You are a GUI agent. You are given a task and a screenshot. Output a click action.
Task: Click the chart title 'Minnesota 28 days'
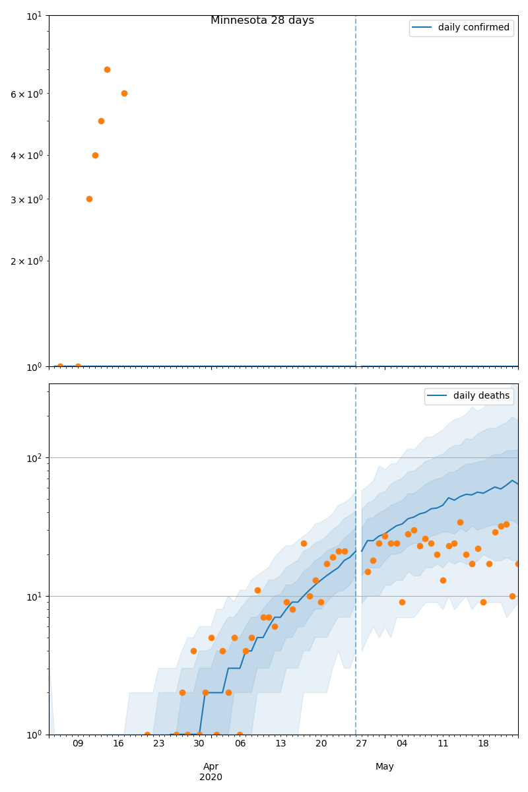coord(262,20)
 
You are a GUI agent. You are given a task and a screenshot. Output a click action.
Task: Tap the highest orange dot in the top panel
coord(107,69)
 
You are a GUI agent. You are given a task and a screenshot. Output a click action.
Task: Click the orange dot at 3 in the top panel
coord(89,199)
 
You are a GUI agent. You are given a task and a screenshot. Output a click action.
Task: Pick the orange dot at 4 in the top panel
coord(95,155)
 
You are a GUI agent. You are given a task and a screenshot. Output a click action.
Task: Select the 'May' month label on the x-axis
coord(385,766)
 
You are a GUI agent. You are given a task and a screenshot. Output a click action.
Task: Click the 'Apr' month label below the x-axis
coord(211,766)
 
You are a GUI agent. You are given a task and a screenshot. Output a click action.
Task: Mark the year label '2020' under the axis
coord(211,777)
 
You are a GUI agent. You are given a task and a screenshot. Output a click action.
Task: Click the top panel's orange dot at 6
coord(124,93)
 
